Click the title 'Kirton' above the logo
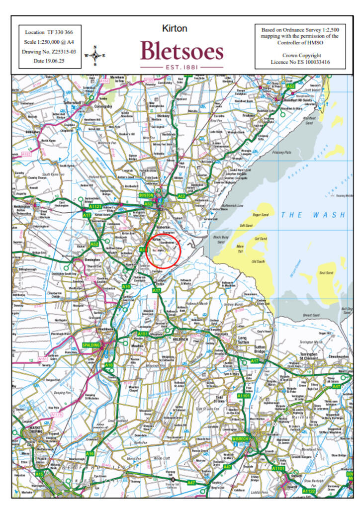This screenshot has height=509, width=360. coord(175,28)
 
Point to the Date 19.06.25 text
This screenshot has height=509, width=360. coord(46,61)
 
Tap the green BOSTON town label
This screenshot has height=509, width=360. coord(148,195)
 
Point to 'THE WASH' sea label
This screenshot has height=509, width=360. coord(312,215)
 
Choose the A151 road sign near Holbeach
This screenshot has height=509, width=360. coord(143,334)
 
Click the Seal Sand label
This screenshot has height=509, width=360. coord(326,272)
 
